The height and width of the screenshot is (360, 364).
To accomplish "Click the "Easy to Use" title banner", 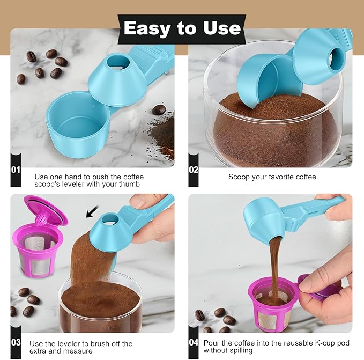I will pos(182,28).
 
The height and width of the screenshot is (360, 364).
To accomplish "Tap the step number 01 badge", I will pos(16,170).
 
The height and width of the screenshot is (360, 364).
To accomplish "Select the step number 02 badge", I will pos(194,170).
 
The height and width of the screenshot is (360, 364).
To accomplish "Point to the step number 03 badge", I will pos(16,342).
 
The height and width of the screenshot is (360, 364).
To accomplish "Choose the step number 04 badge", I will pos(194,342).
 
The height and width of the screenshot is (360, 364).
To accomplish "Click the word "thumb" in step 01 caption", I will pos(129,184).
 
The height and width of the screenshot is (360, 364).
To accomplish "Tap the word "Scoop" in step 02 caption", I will pos(239,177).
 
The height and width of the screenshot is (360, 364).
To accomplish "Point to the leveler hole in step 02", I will pos(338,55).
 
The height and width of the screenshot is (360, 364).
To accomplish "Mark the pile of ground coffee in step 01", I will pos(164,131).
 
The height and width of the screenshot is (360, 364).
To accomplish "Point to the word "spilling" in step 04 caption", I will pos(243,350).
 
